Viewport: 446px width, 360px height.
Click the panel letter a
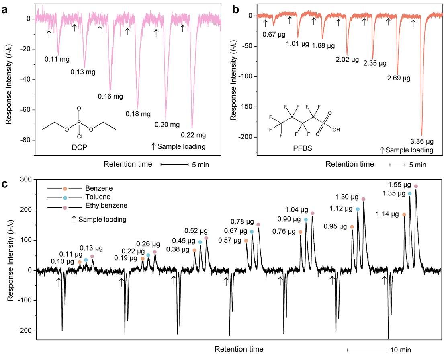pos(5,9)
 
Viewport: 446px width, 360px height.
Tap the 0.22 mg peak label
pos(193,134)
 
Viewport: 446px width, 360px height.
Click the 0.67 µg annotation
pos(274,34)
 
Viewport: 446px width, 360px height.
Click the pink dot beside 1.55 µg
pos(416,186)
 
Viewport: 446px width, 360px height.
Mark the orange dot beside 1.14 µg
pos(404,215)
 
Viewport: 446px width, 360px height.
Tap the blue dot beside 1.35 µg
pos(410,194)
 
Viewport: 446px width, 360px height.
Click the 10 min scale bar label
pos(400,350)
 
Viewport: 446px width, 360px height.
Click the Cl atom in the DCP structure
pos(79,136)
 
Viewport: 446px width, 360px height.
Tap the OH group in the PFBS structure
pos(336,130)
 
